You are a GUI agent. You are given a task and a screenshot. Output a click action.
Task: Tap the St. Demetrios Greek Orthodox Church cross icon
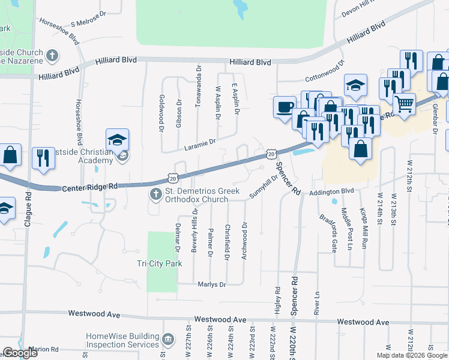click(x=155, y=193)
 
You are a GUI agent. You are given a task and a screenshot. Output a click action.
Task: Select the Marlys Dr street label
click(x=214, y=284)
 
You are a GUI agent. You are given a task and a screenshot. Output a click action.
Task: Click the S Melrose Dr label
click(x=88, y=20)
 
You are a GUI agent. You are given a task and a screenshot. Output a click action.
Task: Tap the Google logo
click(x=20, y=353)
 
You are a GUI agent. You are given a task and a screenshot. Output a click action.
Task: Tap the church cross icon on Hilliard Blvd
click(x=52, y=56)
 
